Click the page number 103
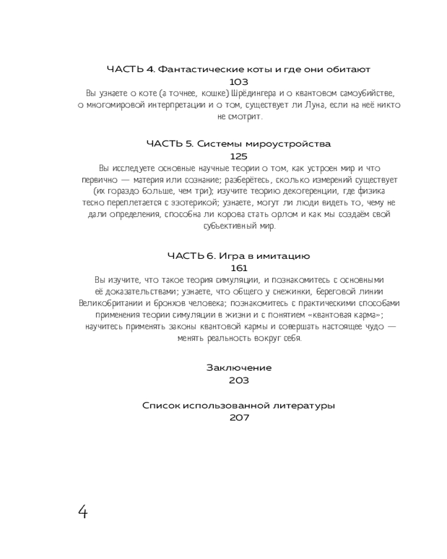(x=239, y=82)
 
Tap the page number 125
(x=239, y=157)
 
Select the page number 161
(x=239, y=268)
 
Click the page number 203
(x=239, y=380)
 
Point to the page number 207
(x=239, y=417)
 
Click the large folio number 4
(x=82, y=511)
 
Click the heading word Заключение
(x=239, y=368)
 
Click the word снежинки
(x=262, y=292)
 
